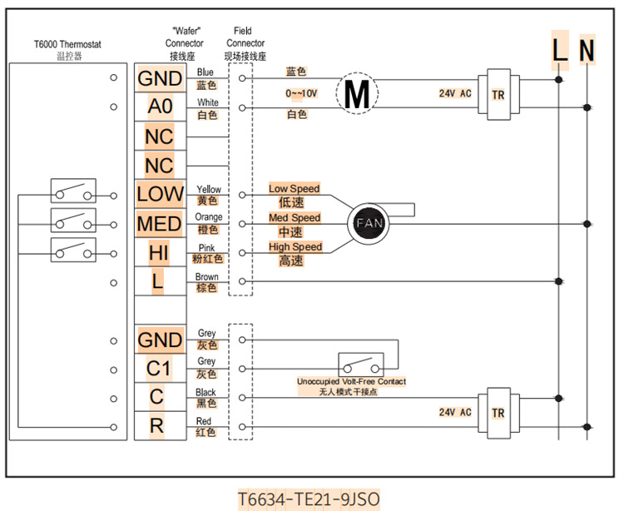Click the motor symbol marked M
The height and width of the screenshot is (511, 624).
click(356, 93)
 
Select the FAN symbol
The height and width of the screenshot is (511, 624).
click(367, 224)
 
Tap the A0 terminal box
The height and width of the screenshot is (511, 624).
click(159, 107)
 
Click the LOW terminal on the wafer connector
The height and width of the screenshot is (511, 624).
click(159, 195)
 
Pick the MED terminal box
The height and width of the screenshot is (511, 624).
click(159, 224)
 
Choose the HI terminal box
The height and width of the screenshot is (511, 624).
click(159, 253)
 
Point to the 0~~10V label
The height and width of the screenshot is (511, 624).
click(300, 93)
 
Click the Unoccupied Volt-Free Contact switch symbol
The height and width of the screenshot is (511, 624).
click(360, 364)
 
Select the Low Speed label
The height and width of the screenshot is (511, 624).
click(295, 189)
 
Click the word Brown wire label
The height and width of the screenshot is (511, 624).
click(206, 277)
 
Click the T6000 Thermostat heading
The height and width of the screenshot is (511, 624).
click(68, 45)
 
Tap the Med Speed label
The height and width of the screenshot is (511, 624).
click(295, 218)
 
